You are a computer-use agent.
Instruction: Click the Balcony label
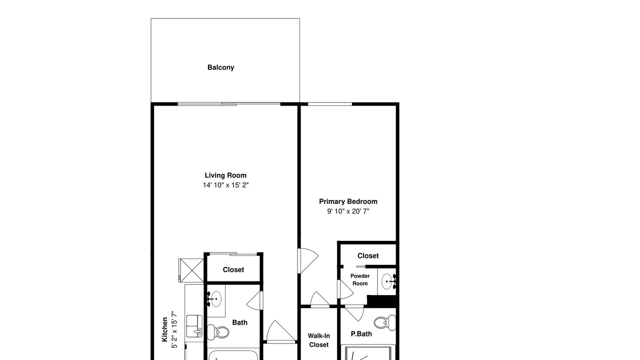pyautogui.click(x=220, y=67)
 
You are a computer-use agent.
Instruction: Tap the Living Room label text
pyautogui.click(x=225, y=175)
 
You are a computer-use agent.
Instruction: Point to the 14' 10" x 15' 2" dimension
pyautogui.click(x=225, y=185)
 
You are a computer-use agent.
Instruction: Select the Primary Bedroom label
pyautogui.click(x=348, y=201)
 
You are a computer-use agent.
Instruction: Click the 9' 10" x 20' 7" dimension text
pyautogui.click(x=348, y=211)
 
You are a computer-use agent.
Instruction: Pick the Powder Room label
pyautogui.click(x=360, y=279)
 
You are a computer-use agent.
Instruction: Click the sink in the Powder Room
pyautogui.click(x=388, y=281)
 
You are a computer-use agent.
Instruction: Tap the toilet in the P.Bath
pyautogui.click(x=384, y=322)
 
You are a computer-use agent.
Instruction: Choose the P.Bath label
pyautogui.click(x=361, y=333)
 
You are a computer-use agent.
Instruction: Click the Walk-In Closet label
pyautogui.click(x=319, y=340)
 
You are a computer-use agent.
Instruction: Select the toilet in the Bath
pyautogui.click(x=218, y=332)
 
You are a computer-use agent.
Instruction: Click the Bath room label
pyautogui.click(x=239, y=322)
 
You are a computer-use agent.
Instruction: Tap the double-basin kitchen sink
pyautogui.click(x=194, y=326)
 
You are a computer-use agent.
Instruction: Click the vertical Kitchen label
pyautogui.click(x=164, y=329)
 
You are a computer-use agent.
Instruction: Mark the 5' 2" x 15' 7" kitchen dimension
pyautogui.click(x=174, y=330)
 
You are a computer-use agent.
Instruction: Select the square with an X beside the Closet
pyautogui.click(x=191, y=270)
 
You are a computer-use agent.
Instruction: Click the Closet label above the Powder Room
pyautogui.click(x=368, y=255)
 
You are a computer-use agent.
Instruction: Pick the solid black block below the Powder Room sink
pyautogui.click(x=381, y=301)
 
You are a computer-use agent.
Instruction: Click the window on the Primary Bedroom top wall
pyautogui.click(x=330, y=104)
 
